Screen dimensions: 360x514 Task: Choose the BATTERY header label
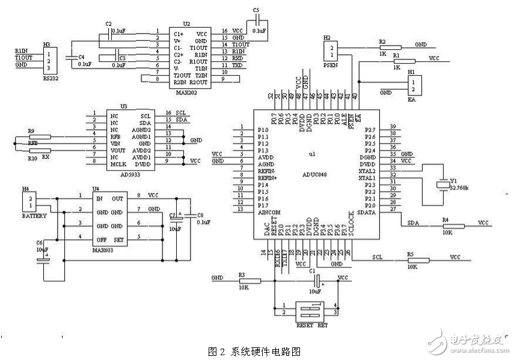tap(34, 215)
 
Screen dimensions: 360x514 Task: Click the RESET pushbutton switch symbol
tap(307, 310)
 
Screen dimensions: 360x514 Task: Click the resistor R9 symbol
tap(40, 136)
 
